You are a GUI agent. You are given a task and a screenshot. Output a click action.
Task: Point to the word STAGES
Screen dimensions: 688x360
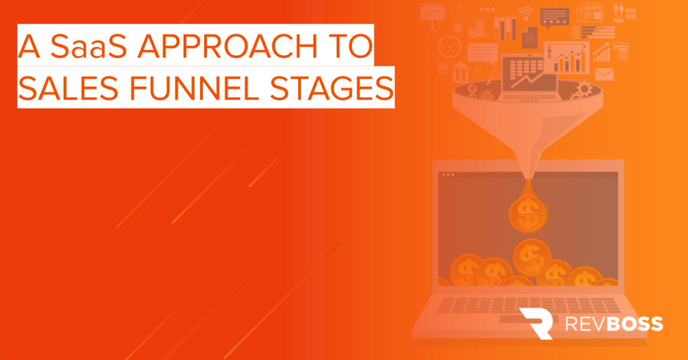point(331,88)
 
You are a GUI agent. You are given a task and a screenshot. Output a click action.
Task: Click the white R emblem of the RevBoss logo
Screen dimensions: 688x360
point(537,323)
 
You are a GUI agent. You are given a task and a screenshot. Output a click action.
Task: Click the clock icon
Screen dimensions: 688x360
point(449,46)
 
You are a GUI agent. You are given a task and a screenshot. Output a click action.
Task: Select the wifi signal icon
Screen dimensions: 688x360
point(525,13)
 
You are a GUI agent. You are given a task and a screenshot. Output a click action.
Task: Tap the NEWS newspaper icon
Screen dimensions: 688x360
point(590,13)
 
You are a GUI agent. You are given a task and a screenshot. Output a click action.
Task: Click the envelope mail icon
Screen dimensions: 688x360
point(604,74)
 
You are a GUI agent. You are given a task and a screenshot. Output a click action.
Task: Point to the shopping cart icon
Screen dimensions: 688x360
point(443,69)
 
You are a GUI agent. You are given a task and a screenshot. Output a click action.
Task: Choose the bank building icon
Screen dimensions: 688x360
point(460,71)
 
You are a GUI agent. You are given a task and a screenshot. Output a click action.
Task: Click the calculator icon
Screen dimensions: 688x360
point(621,51)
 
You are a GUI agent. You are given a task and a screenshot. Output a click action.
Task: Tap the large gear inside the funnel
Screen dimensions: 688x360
point(584,89)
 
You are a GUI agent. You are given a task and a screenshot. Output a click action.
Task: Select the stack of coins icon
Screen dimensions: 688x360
point(477,28)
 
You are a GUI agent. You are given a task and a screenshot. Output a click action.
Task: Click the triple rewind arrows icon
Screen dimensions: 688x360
point(486,9)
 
